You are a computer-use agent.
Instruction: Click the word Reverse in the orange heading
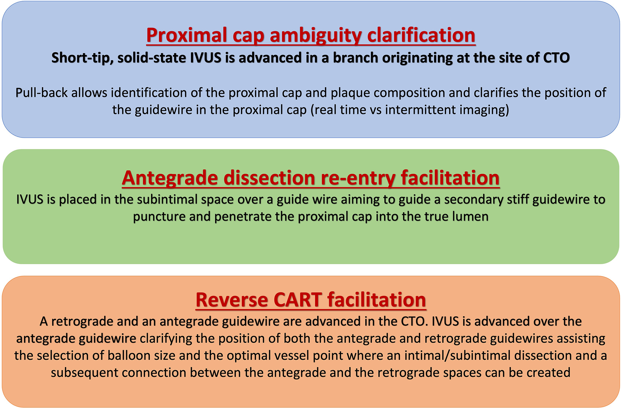click(x=232, y=300)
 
